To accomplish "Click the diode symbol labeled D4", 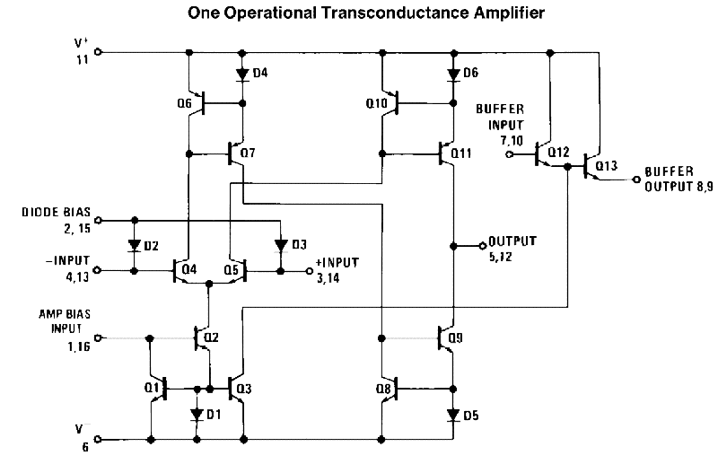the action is point(242,74).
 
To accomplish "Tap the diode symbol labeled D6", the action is point(453,74).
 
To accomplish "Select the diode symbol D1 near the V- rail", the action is point(197,415).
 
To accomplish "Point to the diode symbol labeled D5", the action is point(453,416).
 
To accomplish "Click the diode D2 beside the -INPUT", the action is point(134,246).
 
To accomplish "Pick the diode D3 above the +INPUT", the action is point(281,246).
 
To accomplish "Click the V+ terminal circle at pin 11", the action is point(98,52).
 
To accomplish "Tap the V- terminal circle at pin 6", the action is point(98,440).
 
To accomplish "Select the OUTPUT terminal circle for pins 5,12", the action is point(482,246).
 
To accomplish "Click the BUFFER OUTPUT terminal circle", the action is point(635,180).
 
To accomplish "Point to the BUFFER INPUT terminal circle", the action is point(509,154).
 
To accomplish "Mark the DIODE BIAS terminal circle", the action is point(98,220).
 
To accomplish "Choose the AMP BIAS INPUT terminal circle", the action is point(98,338).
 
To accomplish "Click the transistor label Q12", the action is point(558,152).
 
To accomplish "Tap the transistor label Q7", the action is point(248,153).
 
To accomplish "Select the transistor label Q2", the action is point(211,338).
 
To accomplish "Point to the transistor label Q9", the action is point(455,338).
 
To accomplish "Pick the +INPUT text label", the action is point(337,262).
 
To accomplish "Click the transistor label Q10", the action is point(376,103).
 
